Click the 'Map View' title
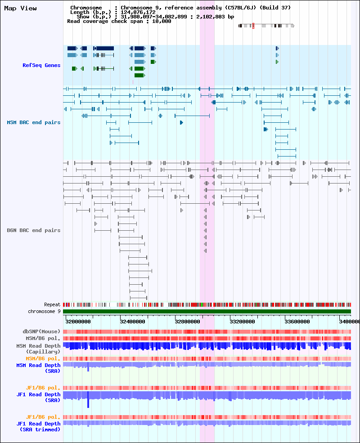pos(20,9)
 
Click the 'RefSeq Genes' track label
pos(41,65)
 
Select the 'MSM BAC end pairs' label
pos(34,122)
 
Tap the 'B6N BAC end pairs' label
pos(34,230)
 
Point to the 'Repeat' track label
pos(52,304)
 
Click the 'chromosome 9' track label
pos(44,311)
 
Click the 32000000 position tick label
pos(78,322)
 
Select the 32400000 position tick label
pos(133,322)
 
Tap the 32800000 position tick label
pos(187,322)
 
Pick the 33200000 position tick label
pos(242,322)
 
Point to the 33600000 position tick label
pos(297,322)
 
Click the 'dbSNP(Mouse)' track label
pos(41,331)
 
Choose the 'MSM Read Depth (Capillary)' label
pos(38,349)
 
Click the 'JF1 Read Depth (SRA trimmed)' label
pos(38,427)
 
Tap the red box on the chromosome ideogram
pos(253,26)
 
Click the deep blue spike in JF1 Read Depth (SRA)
pos(88,399)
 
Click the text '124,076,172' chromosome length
pos(138,12)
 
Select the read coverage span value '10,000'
pos(162,21)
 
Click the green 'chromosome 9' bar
pos(207,311)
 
